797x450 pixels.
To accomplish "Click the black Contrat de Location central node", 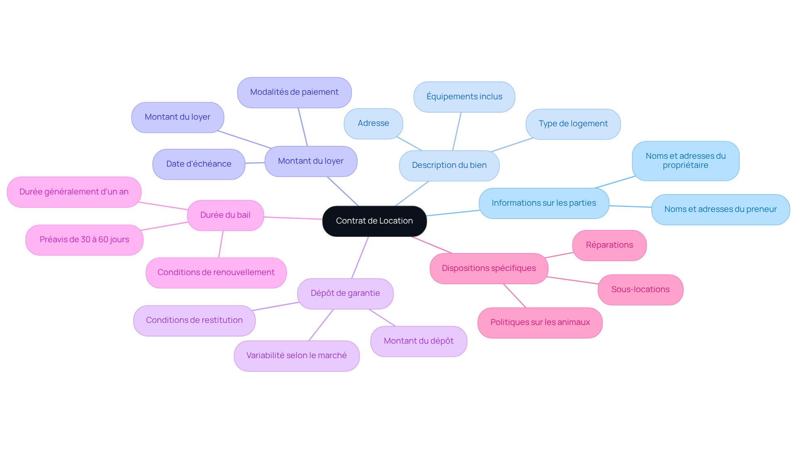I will [x=374, y=221].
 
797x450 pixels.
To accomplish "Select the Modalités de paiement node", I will [x=294, y=92].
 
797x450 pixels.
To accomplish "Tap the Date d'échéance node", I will [x=198, y=164].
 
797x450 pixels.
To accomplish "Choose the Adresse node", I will [x=373, y=123].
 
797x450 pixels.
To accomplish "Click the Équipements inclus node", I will [x=464, y=97].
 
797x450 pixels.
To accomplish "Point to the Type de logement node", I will [x=573, y=124].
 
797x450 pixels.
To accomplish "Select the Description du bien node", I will [x=449, y=165].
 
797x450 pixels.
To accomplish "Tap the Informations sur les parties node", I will [x=544, y=203].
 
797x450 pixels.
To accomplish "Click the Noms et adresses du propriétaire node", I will [x=685, y=161].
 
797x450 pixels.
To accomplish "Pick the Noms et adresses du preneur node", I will [x=720, y=209].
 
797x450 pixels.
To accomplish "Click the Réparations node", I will [x=609, y=245].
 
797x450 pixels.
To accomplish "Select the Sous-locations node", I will [x=640, y=290].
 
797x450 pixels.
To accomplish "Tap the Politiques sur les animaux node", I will [x=540, y=322].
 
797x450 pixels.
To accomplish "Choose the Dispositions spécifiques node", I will [x=489, y=268].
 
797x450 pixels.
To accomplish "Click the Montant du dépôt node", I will [x=418, y=341].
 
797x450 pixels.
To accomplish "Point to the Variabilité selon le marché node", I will [x=296, y=356].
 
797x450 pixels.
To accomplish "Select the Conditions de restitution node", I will [x=194, y=320].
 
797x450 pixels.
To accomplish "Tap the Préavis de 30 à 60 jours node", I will [x=84, y=240].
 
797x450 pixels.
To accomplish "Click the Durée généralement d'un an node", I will [x=74, y=192].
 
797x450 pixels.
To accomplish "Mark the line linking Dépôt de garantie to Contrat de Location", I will [x=360, y=258].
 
